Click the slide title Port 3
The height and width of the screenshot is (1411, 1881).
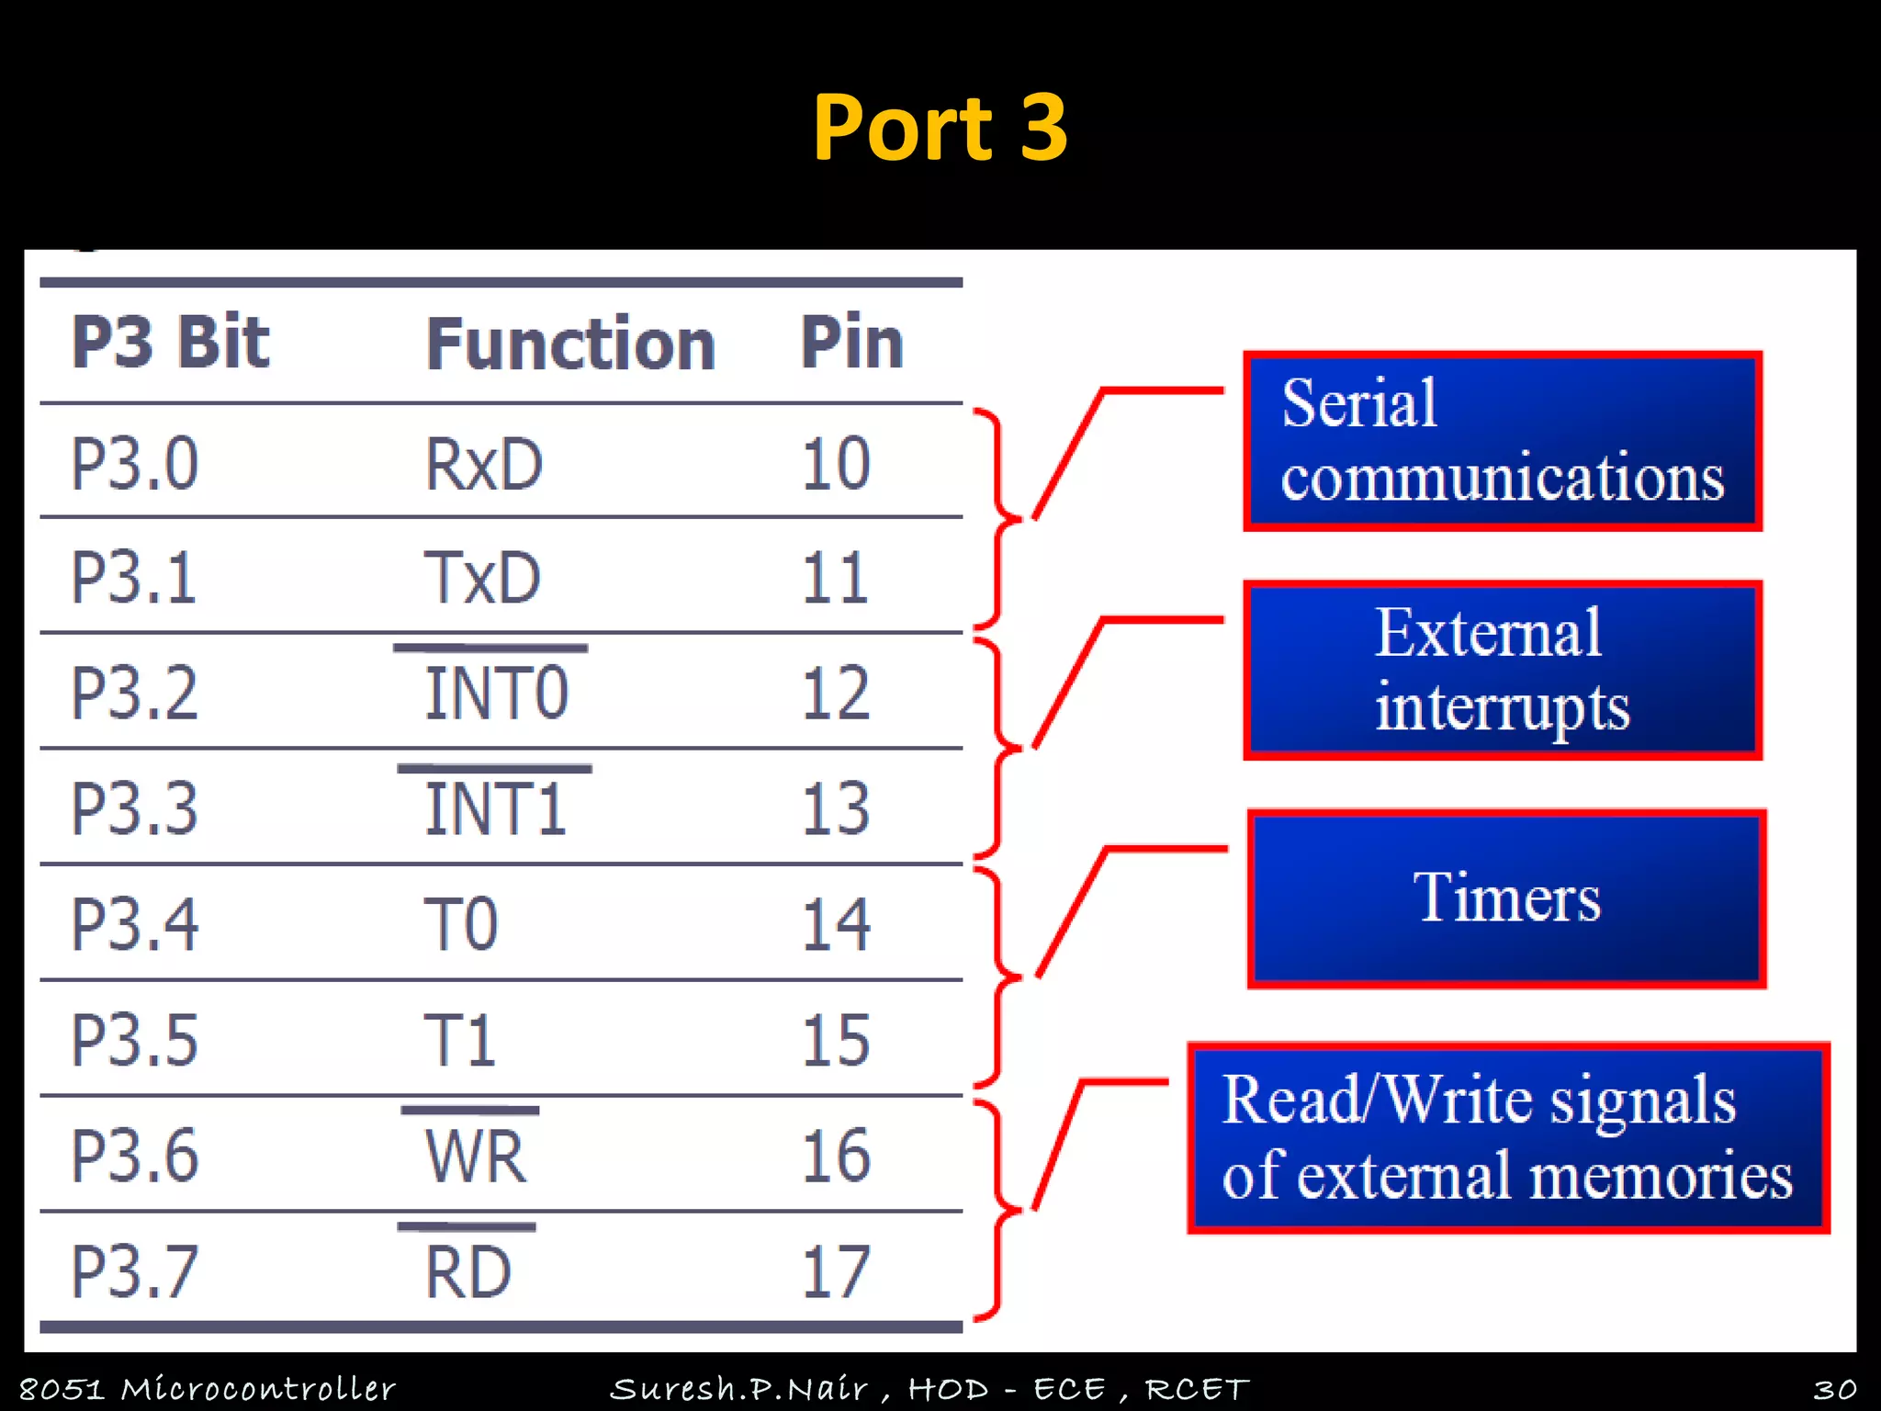940,128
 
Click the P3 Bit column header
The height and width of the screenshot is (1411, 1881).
171,342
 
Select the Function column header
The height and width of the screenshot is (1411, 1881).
570,344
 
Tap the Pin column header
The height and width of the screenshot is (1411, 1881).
851,342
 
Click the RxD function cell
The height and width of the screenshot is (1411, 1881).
483,464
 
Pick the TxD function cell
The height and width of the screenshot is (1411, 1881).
481,578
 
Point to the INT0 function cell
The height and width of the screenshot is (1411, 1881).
496,693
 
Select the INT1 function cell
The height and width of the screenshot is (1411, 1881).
495,808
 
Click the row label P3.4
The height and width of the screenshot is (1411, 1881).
135,924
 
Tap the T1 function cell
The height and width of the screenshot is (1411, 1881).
459,1040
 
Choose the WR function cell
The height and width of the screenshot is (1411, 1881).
475,1156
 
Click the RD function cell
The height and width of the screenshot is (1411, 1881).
467,1271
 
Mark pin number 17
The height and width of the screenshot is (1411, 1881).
835,1271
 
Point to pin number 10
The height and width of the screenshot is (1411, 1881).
835,464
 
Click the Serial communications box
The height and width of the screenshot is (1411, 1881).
1502,441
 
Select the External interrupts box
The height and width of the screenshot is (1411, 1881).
1502,670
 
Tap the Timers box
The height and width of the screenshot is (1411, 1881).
1506,897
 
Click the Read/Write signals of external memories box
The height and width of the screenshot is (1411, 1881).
1507,1137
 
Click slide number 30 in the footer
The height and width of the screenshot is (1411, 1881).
1834,1388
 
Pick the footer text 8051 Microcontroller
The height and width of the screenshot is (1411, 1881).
207,1388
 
